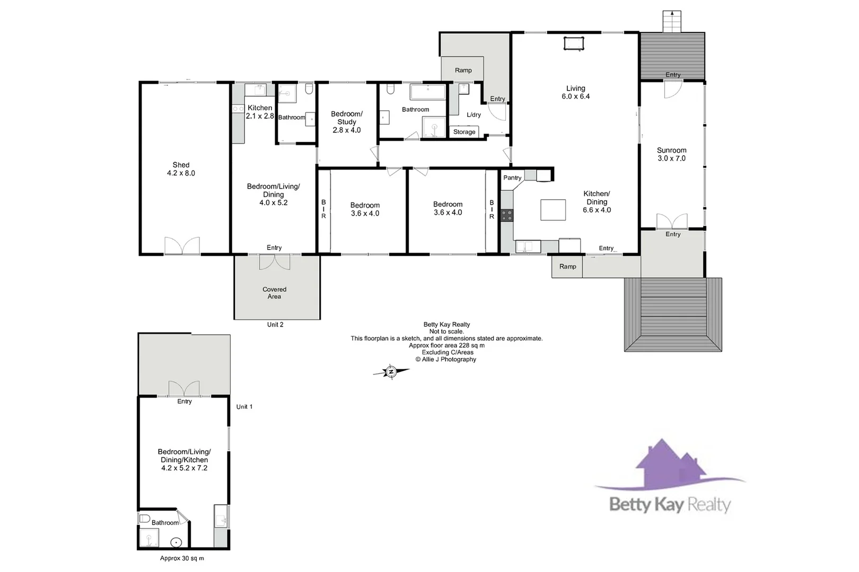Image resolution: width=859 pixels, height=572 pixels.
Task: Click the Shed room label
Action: (x=181, y=169)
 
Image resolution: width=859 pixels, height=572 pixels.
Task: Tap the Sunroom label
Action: (x=671, y=154)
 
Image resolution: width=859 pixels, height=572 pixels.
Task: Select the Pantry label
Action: (x=512, y=177)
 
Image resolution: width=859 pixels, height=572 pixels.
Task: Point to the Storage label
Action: (x=464, y=132)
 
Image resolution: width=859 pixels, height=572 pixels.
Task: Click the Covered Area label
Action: (x=274, y=293)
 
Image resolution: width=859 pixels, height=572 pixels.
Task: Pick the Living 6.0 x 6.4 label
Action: (x=575, y=92)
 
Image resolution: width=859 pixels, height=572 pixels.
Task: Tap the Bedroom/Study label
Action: (x=347, y=122)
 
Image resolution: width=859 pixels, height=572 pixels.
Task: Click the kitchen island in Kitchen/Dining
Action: (x=553, y=209)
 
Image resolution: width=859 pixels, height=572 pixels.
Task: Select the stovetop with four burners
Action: (x=507, y=215)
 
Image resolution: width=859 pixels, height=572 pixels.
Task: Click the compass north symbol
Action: (x=391, y=372)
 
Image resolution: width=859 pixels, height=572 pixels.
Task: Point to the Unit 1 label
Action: (x=244, y=407)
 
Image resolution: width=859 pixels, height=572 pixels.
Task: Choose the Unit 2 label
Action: (x=275, y=325)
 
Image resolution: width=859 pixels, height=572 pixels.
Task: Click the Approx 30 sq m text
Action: (x=182, y=558)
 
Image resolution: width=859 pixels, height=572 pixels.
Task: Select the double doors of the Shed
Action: (x=182, y=246)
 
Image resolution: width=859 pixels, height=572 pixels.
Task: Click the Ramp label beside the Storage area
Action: (x=463, y=70)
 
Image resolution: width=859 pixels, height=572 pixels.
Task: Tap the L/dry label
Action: (x=474, y=114)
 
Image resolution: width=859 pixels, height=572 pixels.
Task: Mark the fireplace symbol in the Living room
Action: (x=573, y=43)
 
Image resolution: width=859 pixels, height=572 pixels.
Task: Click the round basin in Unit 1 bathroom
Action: (x=177, y=542)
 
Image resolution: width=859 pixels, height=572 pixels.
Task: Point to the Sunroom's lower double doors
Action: (x=672, y=221)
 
